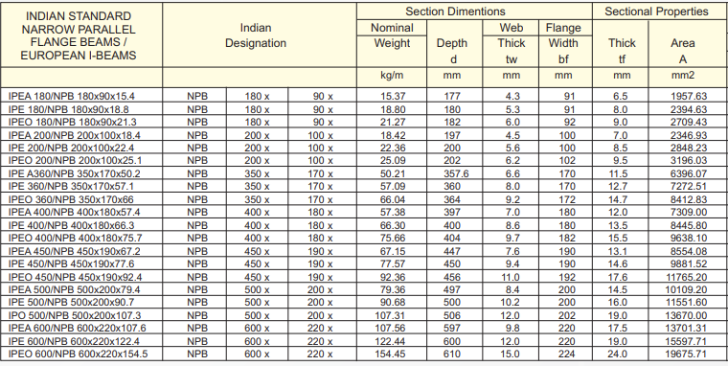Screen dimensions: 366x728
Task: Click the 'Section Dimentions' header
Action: (474, 11)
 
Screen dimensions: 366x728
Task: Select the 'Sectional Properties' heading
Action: (657, 11)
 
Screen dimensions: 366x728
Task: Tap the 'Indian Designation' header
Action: (255, 36)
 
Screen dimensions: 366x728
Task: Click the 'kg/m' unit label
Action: (393, 75)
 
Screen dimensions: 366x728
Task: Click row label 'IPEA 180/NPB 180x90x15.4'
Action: (72, 97)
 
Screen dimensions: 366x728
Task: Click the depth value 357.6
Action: (456, 173)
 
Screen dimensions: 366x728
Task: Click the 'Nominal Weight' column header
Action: (392, 36)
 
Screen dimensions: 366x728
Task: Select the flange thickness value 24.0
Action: (622, 355)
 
